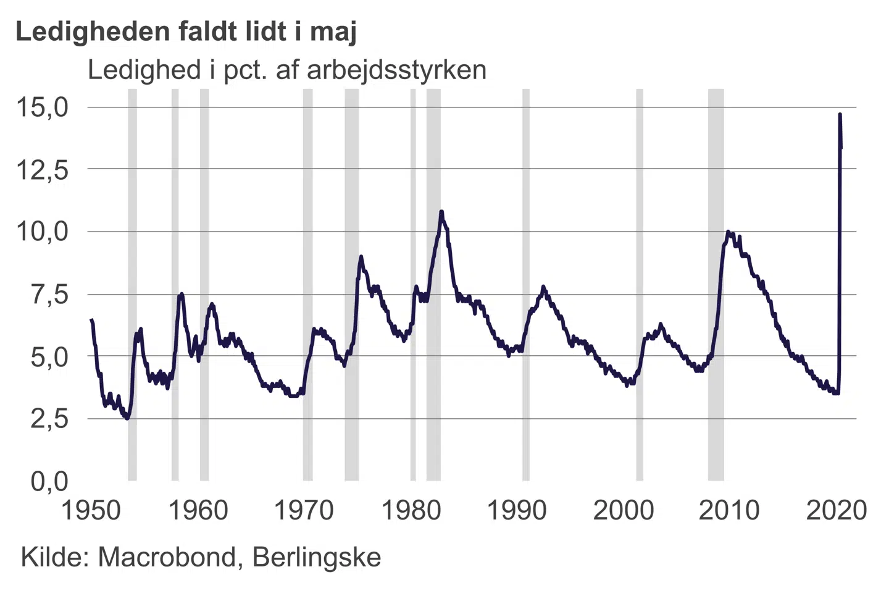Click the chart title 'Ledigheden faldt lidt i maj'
186,31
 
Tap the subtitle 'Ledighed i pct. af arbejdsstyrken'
287,70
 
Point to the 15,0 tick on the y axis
42,107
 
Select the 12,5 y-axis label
42,169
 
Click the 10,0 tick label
42,232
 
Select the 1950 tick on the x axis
91,510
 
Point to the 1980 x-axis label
411,510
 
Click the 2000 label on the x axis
623,510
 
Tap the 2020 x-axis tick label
837,510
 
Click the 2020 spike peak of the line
840,115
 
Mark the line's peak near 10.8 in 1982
441,212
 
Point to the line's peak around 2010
728,232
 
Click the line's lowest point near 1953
127,418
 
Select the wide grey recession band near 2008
716,284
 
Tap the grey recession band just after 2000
640,284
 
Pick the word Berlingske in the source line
317,557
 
